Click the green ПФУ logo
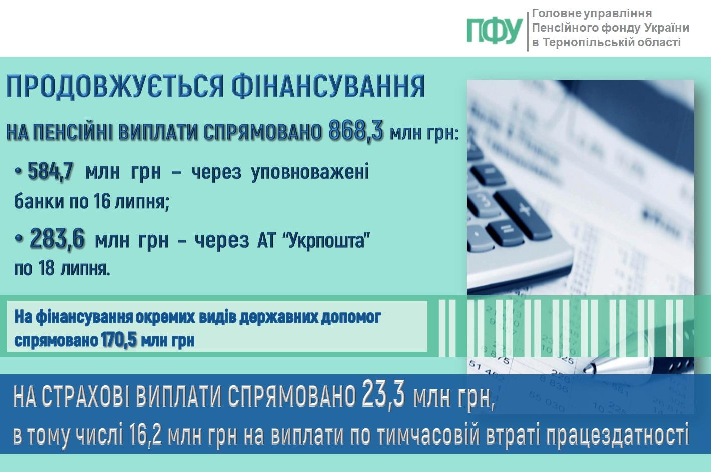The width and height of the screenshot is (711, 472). pyautogui.click(x=495, y=31)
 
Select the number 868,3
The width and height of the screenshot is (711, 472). pyautogui.click(x=356, y=130)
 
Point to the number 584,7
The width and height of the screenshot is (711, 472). pyautogui.click(x=50, y=171)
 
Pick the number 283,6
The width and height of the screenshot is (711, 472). pyautogui.click(x=57, y=238)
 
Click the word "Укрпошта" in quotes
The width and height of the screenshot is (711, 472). pyautogui.click(x=326, y=241)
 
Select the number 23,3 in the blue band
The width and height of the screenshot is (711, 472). pyautogui.click(x=383, y=395)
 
